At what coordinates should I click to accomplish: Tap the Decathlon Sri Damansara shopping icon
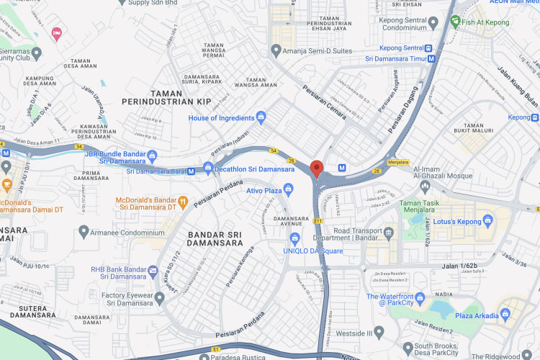tap(208, 169)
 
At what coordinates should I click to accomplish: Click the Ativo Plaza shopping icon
tap(287, 190)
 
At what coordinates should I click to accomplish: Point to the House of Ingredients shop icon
tap(261, 117)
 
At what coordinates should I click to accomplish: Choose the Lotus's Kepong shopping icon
tap(487, 220)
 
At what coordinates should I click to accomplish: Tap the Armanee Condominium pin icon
tap(84, 232)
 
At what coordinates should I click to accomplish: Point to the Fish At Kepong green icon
tap(455, 22)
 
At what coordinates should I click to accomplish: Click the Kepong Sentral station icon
tap(430, 48)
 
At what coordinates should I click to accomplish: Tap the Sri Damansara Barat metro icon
tap(191, 171)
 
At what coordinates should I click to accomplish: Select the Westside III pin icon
tap(379, 333)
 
